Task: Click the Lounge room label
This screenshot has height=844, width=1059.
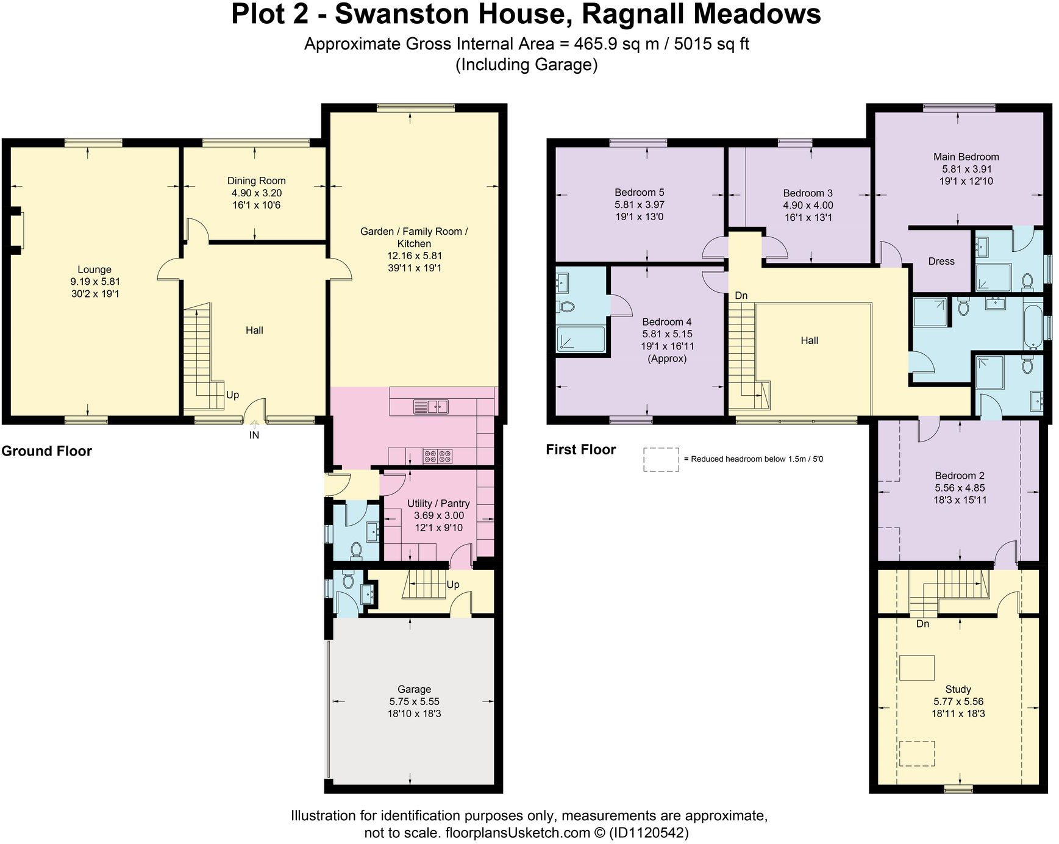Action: (x=94, y=270)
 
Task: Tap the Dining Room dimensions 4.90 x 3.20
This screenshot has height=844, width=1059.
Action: (x=256, y=193)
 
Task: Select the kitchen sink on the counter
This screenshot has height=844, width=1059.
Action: (x=430, y=406)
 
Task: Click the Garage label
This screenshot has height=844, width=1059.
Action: (x=414, y=689)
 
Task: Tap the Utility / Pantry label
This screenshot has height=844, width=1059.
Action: (x=438, y=503)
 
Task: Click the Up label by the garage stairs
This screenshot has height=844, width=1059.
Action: (x=453, y=584)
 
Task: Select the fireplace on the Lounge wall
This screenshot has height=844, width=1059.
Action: (x=18, y=231)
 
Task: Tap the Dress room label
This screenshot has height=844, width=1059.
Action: (x=941, y=261)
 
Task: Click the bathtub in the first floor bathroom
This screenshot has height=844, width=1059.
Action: (x=1033, y=326)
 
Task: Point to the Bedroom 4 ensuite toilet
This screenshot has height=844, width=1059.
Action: (x=566, y=306)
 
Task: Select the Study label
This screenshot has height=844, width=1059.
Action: (x=958, y=689)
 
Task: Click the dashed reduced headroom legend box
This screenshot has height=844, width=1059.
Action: (x=661, y=459)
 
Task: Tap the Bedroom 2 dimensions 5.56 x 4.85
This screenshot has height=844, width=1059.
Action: (x=960, y=488)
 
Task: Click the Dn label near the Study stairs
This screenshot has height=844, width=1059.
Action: (x=922, y=624)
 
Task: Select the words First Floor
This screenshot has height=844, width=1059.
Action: (x=580, y=449)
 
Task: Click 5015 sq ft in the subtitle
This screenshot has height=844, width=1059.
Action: (x=711, y=45)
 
